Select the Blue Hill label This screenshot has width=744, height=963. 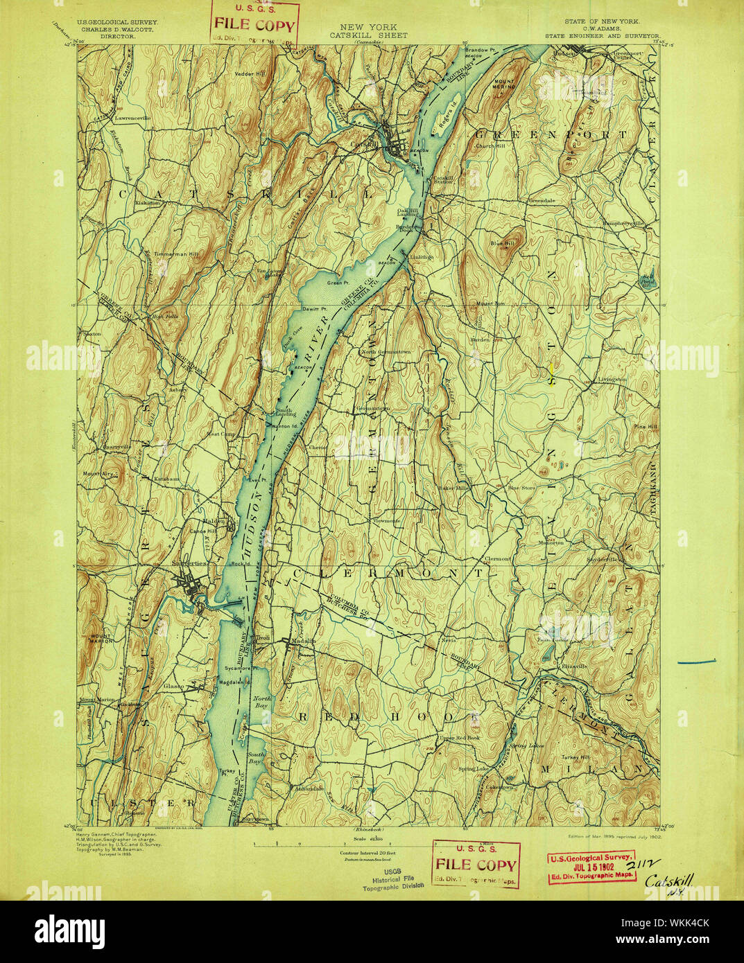click(x=502, y=243)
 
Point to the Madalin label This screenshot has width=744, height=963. click(x=303, y=641)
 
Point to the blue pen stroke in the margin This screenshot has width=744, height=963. click(x=696, y=662)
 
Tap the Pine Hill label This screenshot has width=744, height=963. click(x=645, y=427)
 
